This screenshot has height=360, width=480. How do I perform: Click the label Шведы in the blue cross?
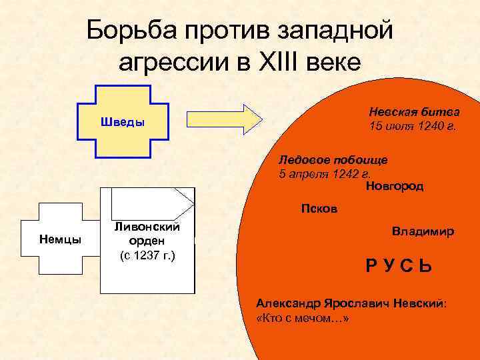(x=122, y=123)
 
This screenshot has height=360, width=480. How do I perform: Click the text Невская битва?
(x=413, y=112)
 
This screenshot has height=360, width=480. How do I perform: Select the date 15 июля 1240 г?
(x=413, y=127)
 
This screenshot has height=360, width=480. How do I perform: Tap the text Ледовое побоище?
(x=333, y=160)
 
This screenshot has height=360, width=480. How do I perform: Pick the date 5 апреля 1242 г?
(x=325, y=175)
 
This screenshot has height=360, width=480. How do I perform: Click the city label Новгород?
(x=395, y=187)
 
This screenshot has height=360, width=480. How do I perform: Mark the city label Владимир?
(x=423, y=231)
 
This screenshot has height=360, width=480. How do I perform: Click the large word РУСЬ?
(x=398, y=266)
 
